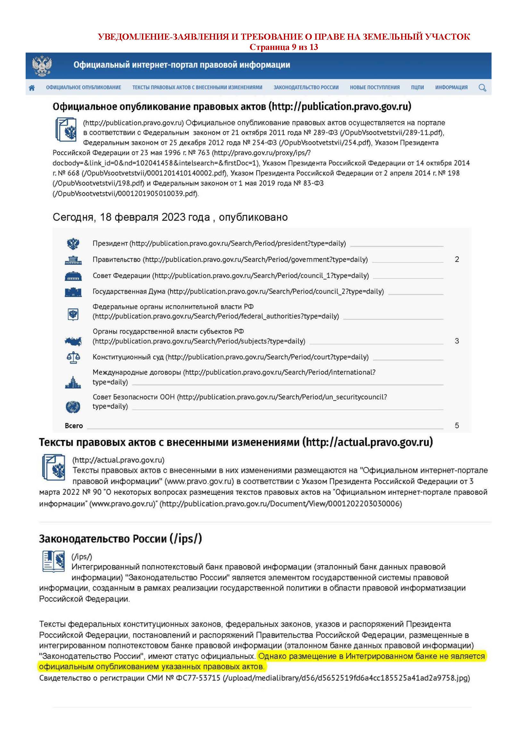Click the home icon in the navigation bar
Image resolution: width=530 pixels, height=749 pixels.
coord(32,87)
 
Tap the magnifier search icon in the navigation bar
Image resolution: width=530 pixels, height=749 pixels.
coord(482,87)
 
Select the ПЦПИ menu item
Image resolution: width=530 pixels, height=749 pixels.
coord(418,87)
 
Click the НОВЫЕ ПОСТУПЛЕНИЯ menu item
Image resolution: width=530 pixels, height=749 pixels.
coord(375,87)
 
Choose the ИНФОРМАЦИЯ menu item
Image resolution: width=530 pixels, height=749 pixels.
coord(451,87)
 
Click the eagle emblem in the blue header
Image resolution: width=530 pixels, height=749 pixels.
coord(42,66)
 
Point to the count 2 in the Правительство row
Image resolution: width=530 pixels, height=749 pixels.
coord(457,259)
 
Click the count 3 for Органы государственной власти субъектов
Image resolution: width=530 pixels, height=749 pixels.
coord(457,341)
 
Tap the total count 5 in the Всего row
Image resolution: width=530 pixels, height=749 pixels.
coord(457,425)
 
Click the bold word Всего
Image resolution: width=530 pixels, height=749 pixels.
coord(74,426)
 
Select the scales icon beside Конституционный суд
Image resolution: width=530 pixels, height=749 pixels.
coord(73,357)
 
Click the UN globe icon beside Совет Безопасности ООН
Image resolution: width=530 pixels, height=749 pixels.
coord(73,406)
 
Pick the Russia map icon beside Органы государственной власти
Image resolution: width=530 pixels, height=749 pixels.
coord(73,341)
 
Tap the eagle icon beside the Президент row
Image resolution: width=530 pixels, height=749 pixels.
coord(73,243)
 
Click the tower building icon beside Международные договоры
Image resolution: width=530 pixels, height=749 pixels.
coord(73,382)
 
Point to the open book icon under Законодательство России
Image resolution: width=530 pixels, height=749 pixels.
coord(54,561)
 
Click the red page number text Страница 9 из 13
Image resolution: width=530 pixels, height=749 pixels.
coord(284,47)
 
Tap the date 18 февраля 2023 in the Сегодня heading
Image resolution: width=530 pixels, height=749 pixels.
coord(155,217)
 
